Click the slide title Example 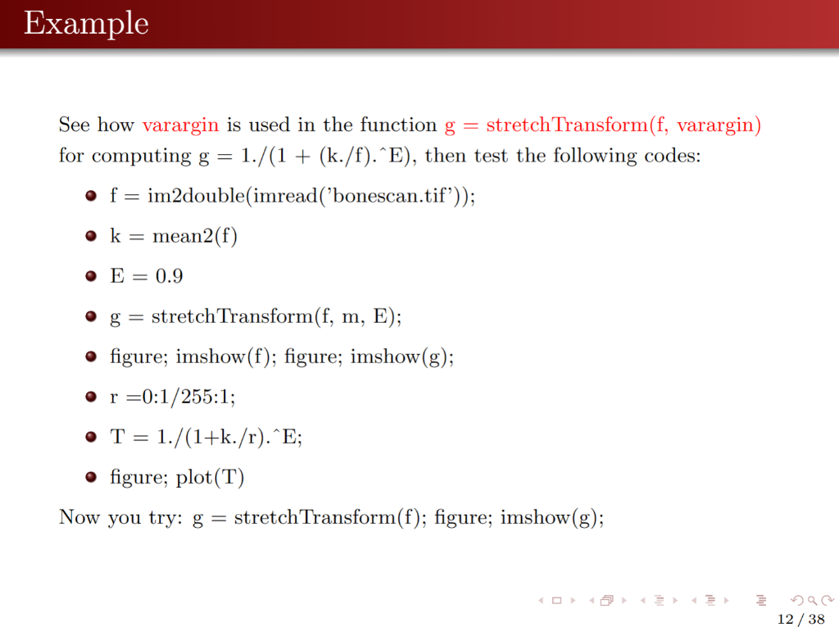coord(86,24)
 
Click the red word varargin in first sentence coord(180,125)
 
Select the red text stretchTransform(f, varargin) coord(624,125)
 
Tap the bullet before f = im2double coord(92,198)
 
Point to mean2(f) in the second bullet coord(195,237)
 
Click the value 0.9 coord(170,277)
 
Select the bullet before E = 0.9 coord(92,277)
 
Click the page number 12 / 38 coord(800,619)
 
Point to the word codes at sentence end coord(677,156)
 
